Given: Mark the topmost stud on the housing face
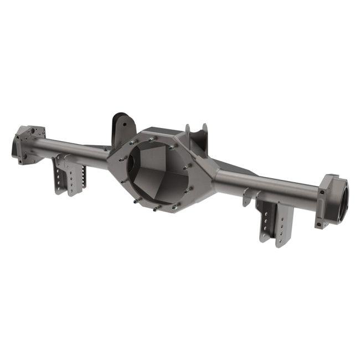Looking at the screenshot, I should pyautogui.click(x=151, y=140).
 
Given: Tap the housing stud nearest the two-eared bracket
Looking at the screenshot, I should pyautogui.click(x=174, y=147).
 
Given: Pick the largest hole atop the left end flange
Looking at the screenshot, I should pyautogui.click(x=38, y=132).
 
